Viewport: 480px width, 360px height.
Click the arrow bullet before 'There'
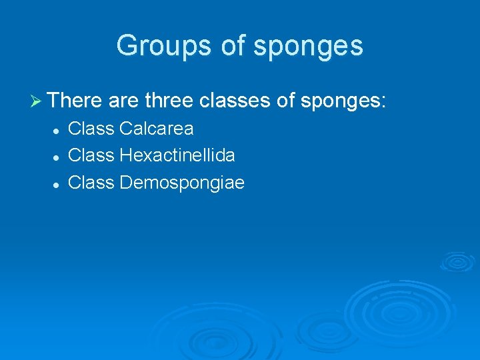pos(37,101)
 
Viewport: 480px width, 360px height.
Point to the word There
pos(74,101)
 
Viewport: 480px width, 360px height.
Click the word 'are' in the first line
pos(122,102)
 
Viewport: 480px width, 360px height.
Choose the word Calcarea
pos(157,128)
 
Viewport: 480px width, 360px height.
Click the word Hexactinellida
pos(177,155)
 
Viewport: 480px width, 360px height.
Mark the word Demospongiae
pos(182,183)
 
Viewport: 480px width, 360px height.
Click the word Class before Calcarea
pos(91,128)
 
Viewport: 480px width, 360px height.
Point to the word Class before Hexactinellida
pos(91,155)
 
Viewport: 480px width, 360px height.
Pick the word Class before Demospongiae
pos(91,183)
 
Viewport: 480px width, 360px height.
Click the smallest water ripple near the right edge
pos(457,261)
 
